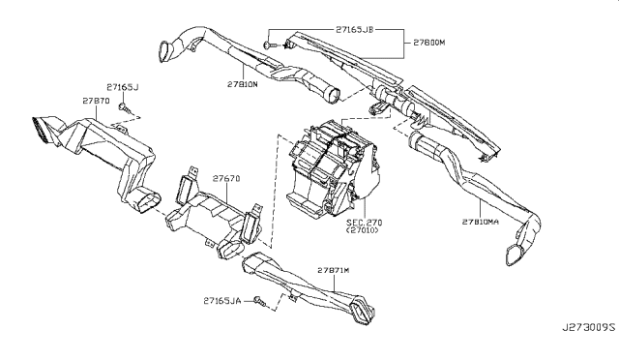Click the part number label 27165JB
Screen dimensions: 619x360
(354, 29)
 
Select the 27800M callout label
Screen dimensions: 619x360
(429, 43)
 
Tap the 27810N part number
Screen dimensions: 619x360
(243, 84)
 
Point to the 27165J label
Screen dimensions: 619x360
(123, 87)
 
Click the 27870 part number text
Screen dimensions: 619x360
(96, 102)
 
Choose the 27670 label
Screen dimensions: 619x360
(226, 179)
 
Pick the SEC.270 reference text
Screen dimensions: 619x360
(365, 223)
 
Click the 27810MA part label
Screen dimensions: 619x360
(481, 222)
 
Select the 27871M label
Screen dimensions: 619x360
(334, 270)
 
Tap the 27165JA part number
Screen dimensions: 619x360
(222, 301)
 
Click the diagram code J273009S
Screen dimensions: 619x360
(589, 328)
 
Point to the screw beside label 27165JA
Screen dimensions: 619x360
(260, 302)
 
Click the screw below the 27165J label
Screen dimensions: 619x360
(126, 107)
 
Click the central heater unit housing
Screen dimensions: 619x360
(333, 170)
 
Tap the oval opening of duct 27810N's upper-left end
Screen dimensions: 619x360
(164, 51)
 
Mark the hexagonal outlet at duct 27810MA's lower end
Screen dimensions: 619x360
(514, 254)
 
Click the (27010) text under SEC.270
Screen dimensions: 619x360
(362, 230)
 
